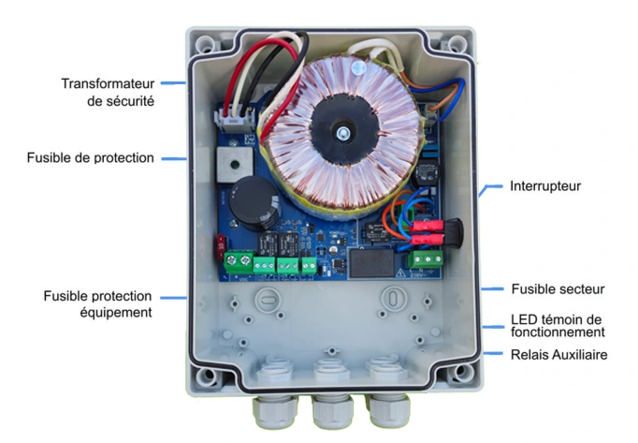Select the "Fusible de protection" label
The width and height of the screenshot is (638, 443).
91,158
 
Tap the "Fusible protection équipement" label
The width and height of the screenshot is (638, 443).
98,304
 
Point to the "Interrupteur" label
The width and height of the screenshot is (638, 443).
545,186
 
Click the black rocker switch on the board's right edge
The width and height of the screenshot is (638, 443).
454,229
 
